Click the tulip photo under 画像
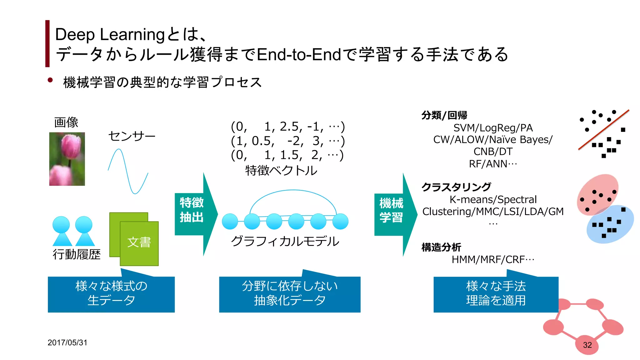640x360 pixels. click(x=67, y=159)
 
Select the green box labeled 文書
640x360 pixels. click(x=139, y=243)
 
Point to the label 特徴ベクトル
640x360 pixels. click(x=281, y=171)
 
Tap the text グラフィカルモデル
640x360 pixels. click(x=285, y=241)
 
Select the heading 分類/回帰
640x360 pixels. click(x=444, y=115)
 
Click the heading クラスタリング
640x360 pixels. click(x=456, y=187)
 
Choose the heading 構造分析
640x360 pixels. click(x=441, y=247)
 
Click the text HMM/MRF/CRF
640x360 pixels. click(x=492, y=259)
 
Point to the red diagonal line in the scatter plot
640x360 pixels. click(x=603, y=130)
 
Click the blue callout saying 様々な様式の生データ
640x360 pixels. click(x=111, y=294)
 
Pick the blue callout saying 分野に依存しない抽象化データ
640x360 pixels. click(x=290, y=294)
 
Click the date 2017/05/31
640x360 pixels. click(x=67, y=342)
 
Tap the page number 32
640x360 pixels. click(x=587, y=345)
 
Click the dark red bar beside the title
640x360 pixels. click(x=47, y=43)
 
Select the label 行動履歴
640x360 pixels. click(x=77, y=254)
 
